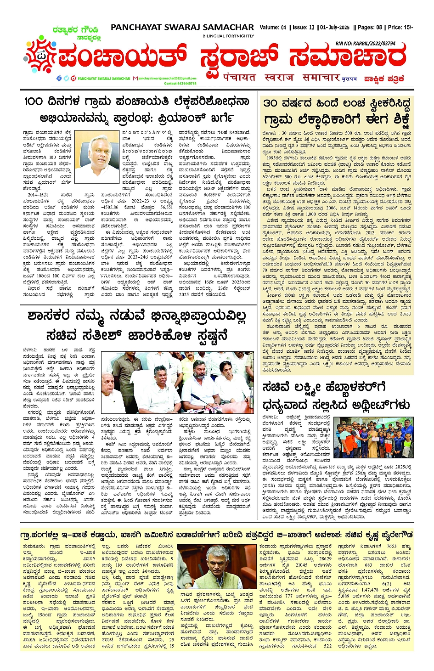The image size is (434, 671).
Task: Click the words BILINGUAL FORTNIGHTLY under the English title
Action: [228, 36]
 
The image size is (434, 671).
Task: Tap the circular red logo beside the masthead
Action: [40, 57]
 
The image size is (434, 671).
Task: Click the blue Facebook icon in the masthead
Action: [59, 79]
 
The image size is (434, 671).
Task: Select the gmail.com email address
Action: [167, 79]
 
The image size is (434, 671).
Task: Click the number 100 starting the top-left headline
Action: [34, 101]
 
